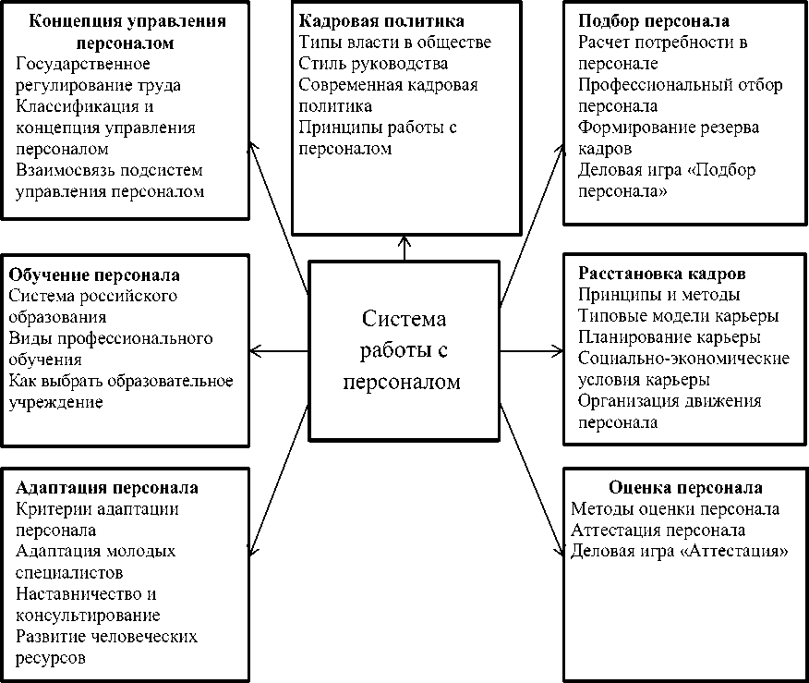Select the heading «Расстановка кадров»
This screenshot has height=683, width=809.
click(x=661, y=274)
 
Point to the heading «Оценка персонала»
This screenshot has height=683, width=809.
click(x=685, y=487)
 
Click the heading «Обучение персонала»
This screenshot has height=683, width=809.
click(x=94, y=275)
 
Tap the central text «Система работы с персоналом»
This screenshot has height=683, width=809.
click(x=404, y=350)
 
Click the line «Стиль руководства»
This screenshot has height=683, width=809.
click(x=373, y=64)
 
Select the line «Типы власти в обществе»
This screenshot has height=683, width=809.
click(x=394, y=43)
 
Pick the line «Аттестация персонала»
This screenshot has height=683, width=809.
click(x=658, y=531)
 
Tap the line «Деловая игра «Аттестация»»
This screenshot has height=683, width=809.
click(x=679, y=552)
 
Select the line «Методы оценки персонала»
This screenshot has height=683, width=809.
click(x=674, y=509)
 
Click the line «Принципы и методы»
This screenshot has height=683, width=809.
click(x=658, y=296)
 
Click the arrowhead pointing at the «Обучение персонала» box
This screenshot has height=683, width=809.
click(x=257, y=350)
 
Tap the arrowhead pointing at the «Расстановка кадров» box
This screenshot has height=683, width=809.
click(x=557, y=350)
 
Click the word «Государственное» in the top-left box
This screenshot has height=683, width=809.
click(x=83, y=64)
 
